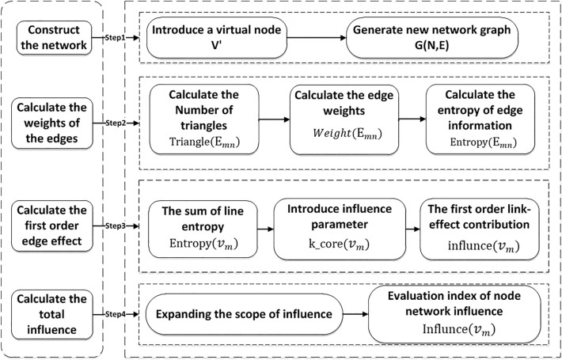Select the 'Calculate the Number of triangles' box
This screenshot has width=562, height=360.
coord(205,123)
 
